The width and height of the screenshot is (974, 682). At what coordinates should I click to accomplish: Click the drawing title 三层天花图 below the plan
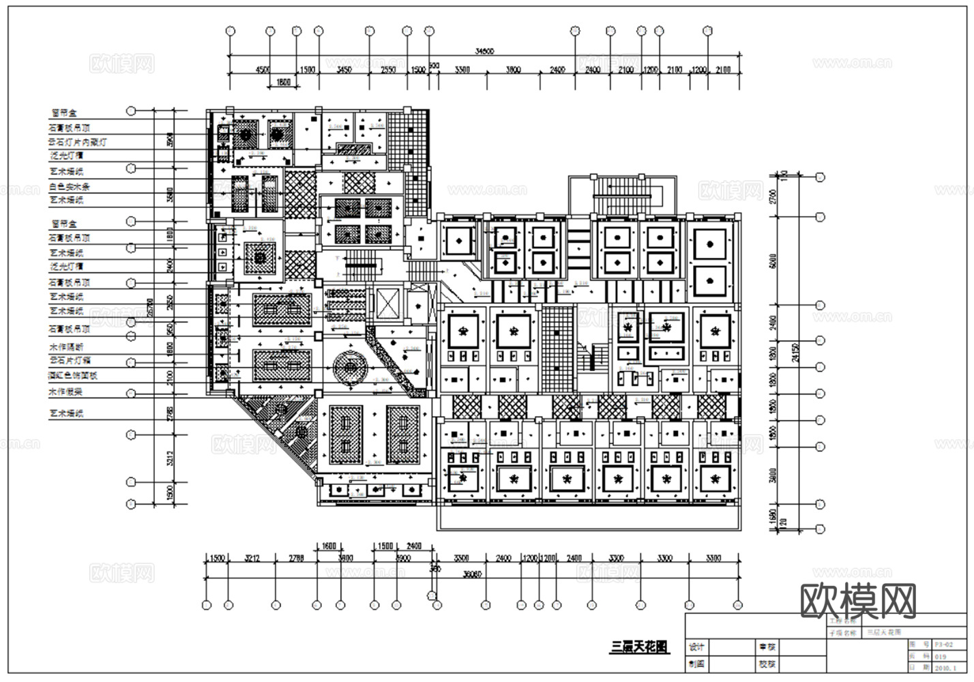639,647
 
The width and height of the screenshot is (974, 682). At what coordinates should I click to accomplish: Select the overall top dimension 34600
484,51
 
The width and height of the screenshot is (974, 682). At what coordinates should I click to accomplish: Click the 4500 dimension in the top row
263,70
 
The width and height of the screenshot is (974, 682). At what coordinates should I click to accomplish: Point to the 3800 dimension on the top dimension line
513,70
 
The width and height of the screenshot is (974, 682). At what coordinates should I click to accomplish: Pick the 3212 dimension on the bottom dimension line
252,558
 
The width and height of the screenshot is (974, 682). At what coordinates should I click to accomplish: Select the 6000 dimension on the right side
773,261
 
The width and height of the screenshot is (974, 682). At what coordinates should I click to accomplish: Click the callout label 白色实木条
70,186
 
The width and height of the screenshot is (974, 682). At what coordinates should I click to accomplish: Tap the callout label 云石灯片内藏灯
77,143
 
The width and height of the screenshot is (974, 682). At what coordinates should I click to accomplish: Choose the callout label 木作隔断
65,347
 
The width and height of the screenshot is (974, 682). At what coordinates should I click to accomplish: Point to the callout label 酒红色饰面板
73,375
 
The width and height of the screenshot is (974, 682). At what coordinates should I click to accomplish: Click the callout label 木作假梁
65,392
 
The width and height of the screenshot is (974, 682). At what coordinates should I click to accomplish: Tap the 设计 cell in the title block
696,647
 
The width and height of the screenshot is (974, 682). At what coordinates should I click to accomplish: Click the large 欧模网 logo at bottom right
858,600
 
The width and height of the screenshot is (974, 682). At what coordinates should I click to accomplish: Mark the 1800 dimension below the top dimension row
283,83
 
